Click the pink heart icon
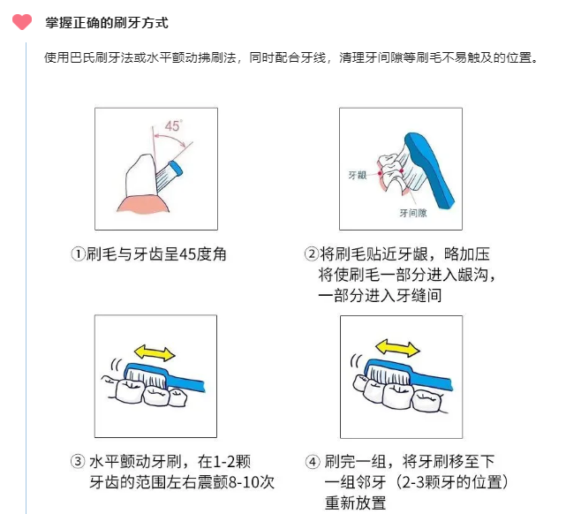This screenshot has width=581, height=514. tap(22, 21)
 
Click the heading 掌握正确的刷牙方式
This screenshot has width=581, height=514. tap(107, 23)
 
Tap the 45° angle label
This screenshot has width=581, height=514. tap(173, 126)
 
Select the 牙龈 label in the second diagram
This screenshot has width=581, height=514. tap(358, 175)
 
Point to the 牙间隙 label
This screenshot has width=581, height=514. tap(413, 213)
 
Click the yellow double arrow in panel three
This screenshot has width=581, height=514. tap(155, 352)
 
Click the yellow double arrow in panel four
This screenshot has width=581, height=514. tap(397, 348)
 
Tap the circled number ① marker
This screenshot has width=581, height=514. tap(78, 254)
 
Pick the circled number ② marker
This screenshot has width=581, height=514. tap(311, 254)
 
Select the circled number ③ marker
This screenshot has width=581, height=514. tap(78, 461)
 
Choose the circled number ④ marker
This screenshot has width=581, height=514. tap(313, 462)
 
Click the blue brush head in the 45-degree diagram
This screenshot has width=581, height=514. tap(176, 169)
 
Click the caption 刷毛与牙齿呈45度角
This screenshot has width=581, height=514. tap(156, 254)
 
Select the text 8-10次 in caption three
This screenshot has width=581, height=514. tap(252, 482)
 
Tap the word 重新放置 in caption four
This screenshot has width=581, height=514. tap(355, 503)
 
